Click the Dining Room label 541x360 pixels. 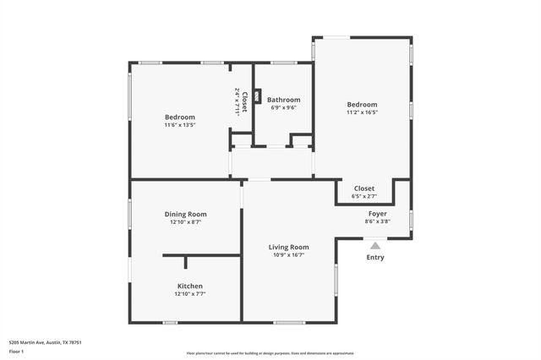coord(185,214)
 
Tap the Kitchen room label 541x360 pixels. coord(189,286)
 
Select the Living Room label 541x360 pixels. coord(288,247)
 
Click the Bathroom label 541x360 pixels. coord(283,100)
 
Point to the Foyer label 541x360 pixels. coord(377,214)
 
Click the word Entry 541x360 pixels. coord(375,257)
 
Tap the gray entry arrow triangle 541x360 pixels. coord(375,244)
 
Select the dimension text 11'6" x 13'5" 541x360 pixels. coord(179,125)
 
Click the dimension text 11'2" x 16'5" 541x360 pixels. coord(362,112)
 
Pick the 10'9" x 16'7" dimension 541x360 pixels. coord(288,255)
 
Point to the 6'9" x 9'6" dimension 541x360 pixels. coord(283,107)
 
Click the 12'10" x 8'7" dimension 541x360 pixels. coord(185,222)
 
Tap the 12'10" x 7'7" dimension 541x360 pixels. coord(189,294)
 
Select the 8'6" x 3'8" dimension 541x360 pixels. coord(377,221)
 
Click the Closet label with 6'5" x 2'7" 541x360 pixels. coord(363,188)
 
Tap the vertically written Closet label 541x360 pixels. coord(244,101)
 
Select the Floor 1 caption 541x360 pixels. coord(16,351)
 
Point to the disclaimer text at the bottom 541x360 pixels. coord(270,352)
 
